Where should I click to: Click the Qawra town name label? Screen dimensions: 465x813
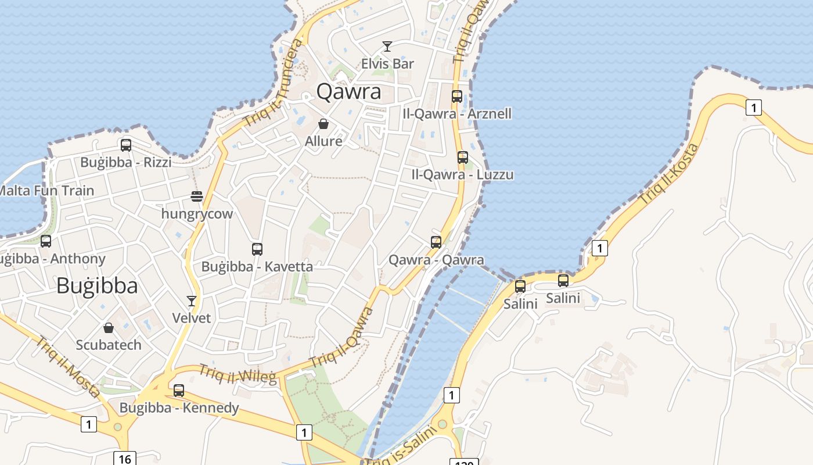tap(349, 92)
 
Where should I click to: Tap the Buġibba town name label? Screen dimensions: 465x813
tap(97, 286)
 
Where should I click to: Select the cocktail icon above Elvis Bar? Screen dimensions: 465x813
tap(387, 46)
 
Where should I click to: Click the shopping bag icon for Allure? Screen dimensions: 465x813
tap(323, 124)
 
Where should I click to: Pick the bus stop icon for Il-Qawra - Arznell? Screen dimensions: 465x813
tap(457, 96)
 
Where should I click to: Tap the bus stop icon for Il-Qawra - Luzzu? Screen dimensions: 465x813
tap(463, 158)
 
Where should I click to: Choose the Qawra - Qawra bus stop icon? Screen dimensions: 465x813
tap(436, 242)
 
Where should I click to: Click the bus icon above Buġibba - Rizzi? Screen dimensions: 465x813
tap(126, 145)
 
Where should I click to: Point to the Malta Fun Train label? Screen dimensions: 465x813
tap(46, 191)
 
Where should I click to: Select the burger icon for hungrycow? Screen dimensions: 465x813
tap(197, 196)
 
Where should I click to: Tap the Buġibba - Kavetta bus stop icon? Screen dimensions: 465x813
tap(257, 249)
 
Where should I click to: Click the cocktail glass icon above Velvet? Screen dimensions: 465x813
tap(192, 301)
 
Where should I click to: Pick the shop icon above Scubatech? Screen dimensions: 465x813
tap(109, 328)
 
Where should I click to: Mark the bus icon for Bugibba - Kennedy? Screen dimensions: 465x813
tap(179, 391)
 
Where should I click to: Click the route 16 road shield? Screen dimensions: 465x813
tap(124, 459)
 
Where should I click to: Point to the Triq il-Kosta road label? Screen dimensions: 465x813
tap(669, 173)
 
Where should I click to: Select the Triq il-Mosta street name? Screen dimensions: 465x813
tap(67, 367)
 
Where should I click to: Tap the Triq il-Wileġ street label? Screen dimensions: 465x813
tap(238, 374)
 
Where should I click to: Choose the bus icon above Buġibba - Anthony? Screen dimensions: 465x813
tap(46, 241)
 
